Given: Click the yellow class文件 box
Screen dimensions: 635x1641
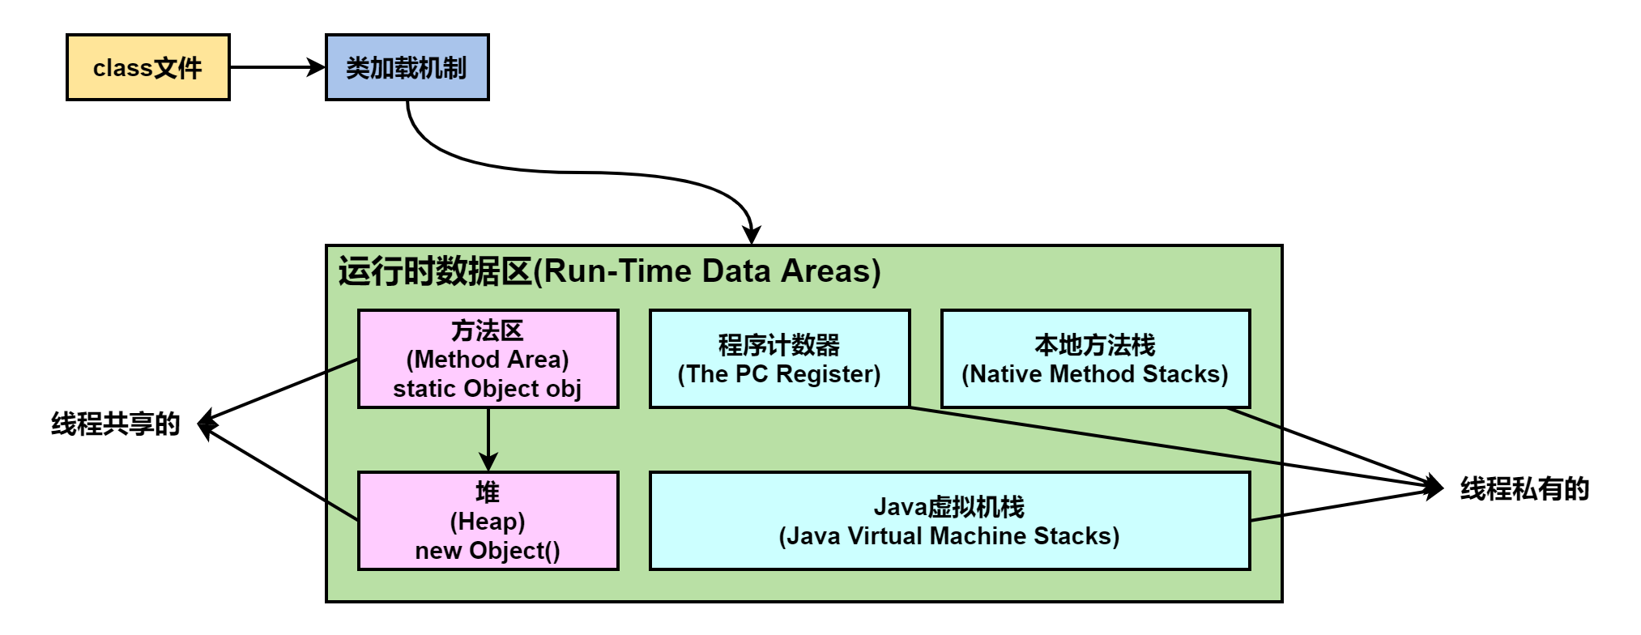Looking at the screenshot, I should [x=147, y=67].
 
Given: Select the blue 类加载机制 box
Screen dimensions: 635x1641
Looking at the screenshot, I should [x=407, y=67].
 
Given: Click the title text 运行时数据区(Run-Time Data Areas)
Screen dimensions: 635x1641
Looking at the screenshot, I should [x=609, y=271].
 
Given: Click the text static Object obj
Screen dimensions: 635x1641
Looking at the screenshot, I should [x=488, y=389].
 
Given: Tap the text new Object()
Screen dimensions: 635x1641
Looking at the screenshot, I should [x=488, y=551].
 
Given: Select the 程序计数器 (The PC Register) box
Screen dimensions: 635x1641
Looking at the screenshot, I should [x=779, y=358].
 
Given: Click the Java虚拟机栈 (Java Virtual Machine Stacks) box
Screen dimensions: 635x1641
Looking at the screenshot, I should [x=949, y=521].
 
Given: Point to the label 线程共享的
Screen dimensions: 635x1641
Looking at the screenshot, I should [x=115, y=424].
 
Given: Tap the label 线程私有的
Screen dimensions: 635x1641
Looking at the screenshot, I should [x=1524, y=488].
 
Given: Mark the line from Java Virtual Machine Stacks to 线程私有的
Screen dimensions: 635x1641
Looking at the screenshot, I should [x=1345, y=504].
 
